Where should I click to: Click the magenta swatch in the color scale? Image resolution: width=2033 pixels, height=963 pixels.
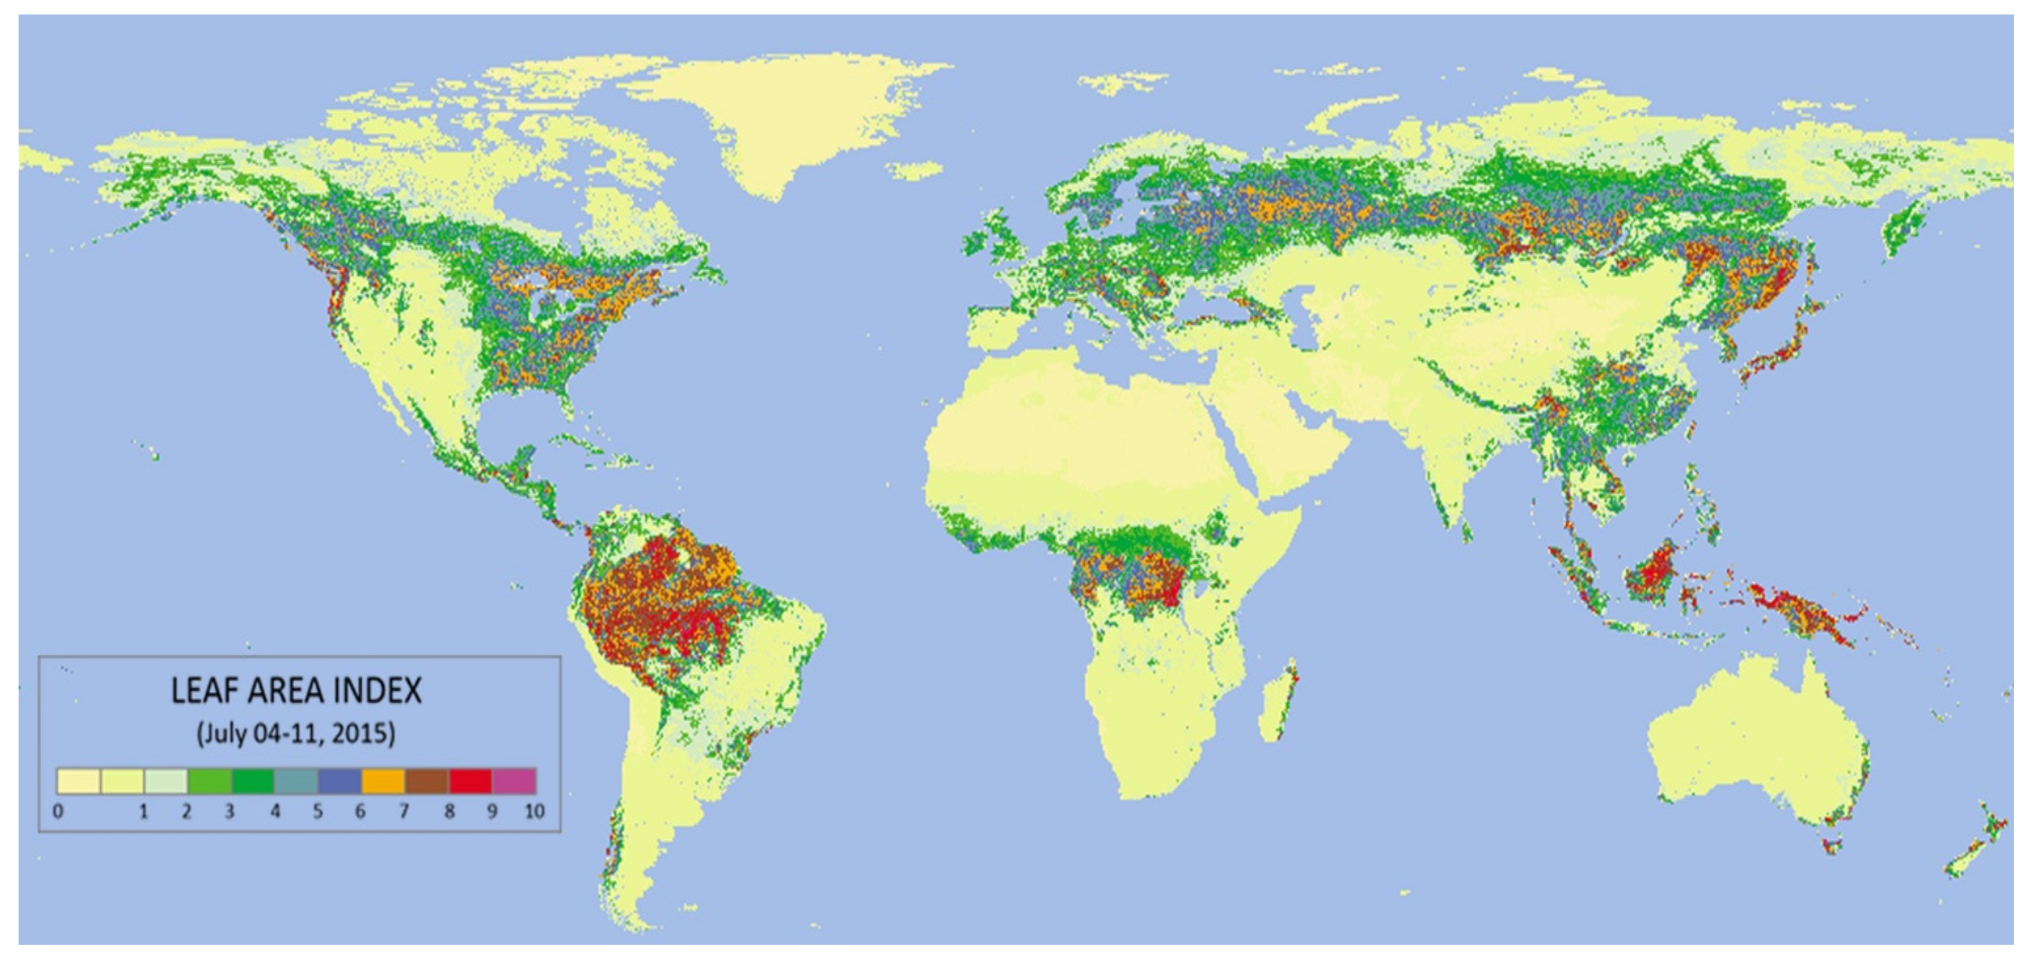(514, 781)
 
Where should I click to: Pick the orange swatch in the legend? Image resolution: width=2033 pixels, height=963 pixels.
(383, 781)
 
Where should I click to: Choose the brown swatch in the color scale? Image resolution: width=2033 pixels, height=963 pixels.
(427, 781)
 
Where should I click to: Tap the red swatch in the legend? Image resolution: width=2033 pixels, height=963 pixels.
(470, 781)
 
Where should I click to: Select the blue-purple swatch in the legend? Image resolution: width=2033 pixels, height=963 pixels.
(340, 781)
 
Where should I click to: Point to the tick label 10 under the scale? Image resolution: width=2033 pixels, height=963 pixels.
(534, 811)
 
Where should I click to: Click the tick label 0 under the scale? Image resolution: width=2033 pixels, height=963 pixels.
(57, 811)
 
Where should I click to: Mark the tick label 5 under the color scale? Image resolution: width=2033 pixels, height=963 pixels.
(317, 811)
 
